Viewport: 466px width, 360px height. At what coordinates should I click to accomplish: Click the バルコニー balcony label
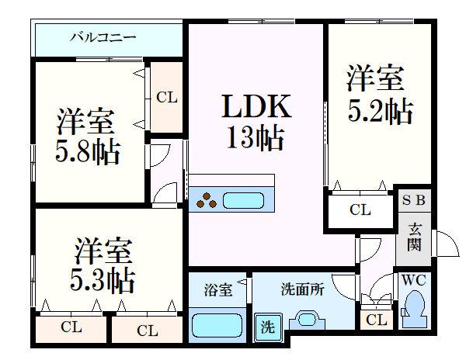[x=103, y=36]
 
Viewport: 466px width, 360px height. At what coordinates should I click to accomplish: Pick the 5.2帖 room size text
[x=378, y=111]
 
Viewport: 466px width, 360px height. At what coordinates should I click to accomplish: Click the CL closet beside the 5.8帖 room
[x=167, y=98]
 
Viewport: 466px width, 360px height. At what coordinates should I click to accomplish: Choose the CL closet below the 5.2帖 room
[x=360, y=209]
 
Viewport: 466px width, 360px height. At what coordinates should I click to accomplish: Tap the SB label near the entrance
[x=413, y=200]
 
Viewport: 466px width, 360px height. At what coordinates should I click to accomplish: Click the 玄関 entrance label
[x=414, y=237]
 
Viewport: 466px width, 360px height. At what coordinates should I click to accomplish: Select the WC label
[x=413, y=280]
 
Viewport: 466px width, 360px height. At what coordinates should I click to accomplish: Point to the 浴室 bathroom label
[x=217, y=290]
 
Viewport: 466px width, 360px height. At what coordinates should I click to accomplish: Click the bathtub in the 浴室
[x=217, y=324]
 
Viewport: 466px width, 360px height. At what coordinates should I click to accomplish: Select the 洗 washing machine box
[x=267, y=327]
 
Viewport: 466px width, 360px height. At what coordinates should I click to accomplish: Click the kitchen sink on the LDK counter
[x=245, y=200]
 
